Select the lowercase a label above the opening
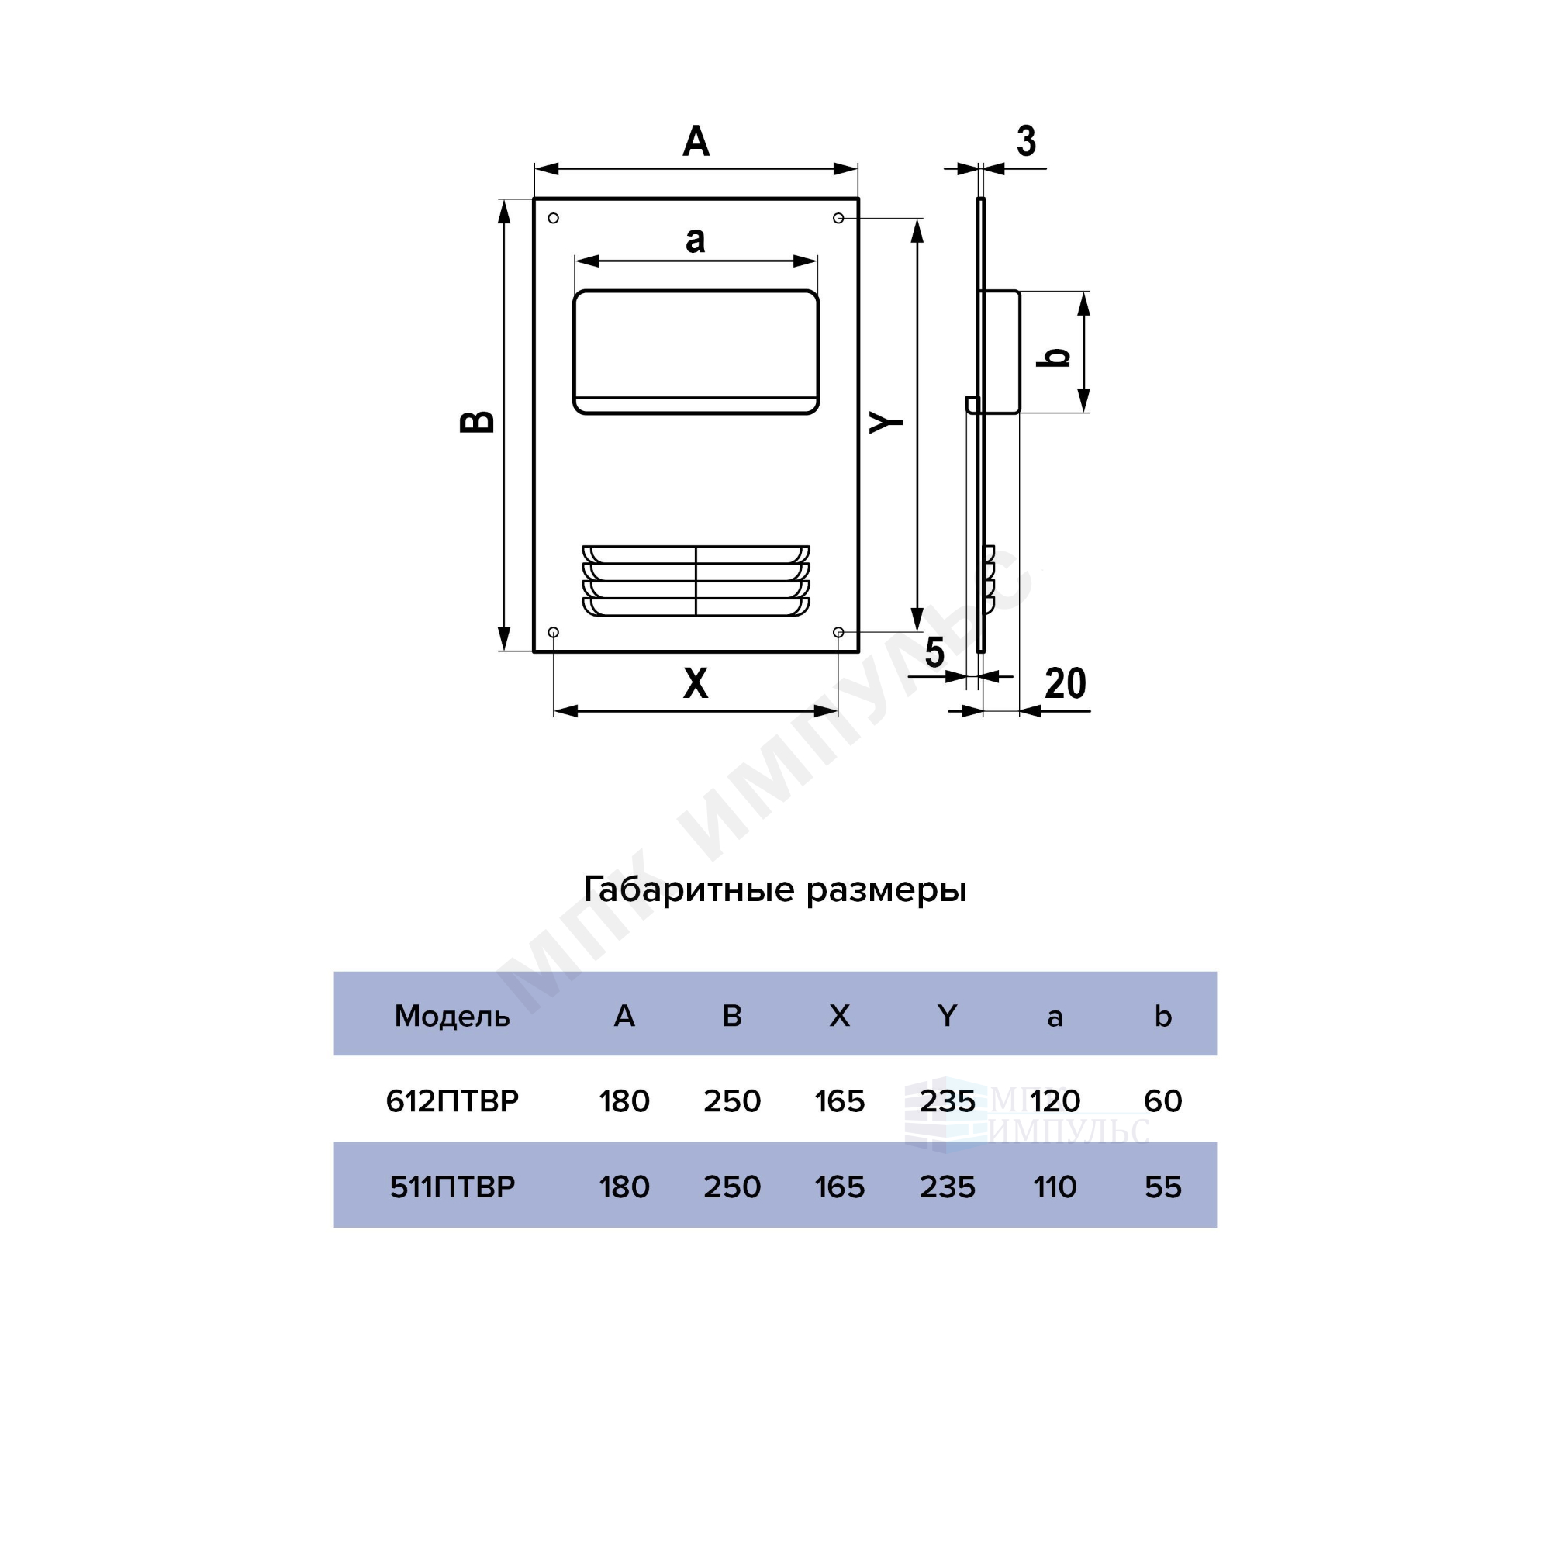[x=695, y=239]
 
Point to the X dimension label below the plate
[x=695, y=683]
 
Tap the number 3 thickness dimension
[x=1026, y=141]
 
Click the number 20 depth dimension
[x=1066, y=683]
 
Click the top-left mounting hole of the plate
[x=553, y=218]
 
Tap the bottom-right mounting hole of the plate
[x=838, y=633]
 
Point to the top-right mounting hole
[x=838, y=218]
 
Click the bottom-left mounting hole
[x=553, y=633]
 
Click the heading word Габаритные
[x=689, y=890]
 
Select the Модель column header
[x=452, y=1017]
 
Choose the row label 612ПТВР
[x=452, y=1100]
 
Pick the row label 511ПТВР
[x=452, y=1187]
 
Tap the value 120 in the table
[x=1055, y=1100]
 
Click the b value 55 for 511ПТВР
[x=1163, y=1187]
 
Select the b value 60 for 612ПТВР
[x=1163, y=1100]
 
